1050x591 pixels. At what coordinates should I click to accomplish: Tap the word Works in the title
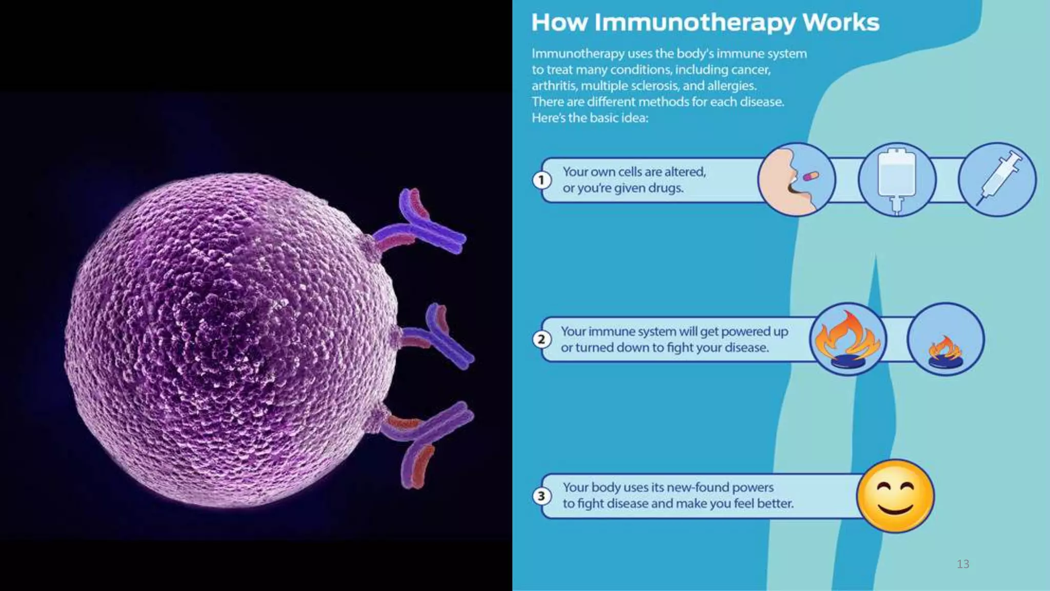(841, 23)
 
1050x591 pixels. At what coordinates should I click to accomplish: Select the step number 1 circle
(541, 180)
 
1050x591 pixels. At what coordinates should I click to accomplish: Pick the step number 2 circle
(541, 339)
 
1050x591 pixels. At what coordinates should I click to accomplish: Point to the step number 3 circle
(541, 496)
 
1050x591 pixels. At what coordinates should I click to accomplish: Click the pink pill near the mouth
(811, 176)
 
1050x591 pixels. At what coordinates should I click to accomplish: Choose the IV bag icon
(897, 180)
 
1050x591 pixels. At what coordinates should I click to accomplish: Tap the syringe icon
(997, 180)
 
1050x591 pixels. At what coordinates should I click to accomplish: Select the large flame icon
(848, 339)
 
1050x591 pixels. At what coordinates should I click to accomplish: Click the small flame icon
(945, 350)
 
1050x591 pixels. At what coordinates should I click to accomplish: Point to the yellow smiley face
(895, 496)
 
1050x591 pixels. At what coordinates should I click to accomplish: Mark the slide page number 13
(963, 564)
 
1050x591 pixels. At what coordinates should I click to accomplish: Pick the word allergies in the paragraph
(732, 86)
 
